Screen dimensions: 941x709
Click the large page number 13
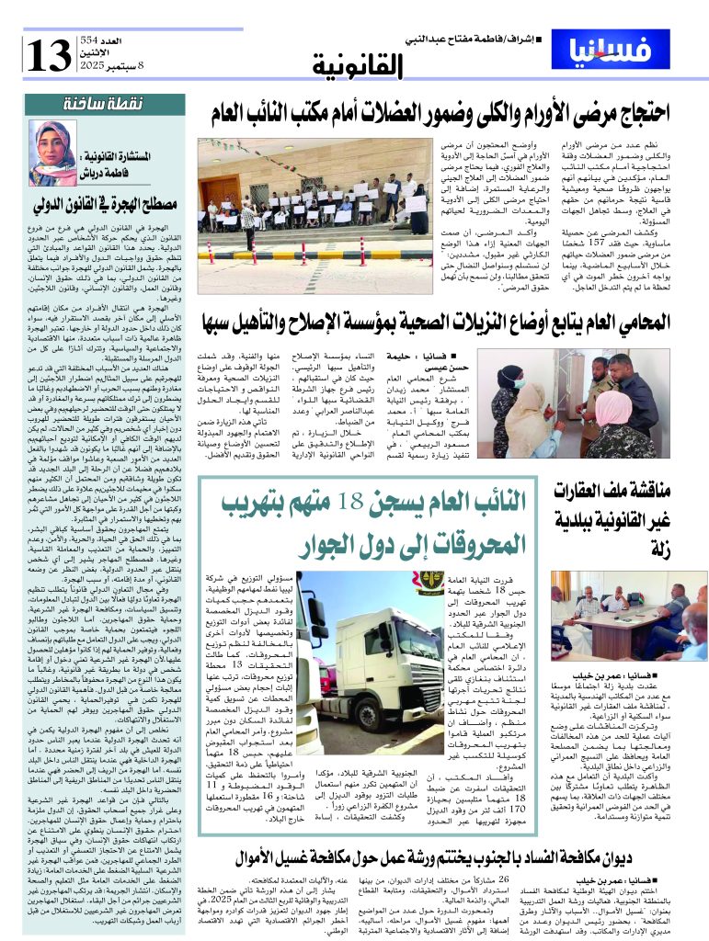pyautogui.click(x=47, y=56)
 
